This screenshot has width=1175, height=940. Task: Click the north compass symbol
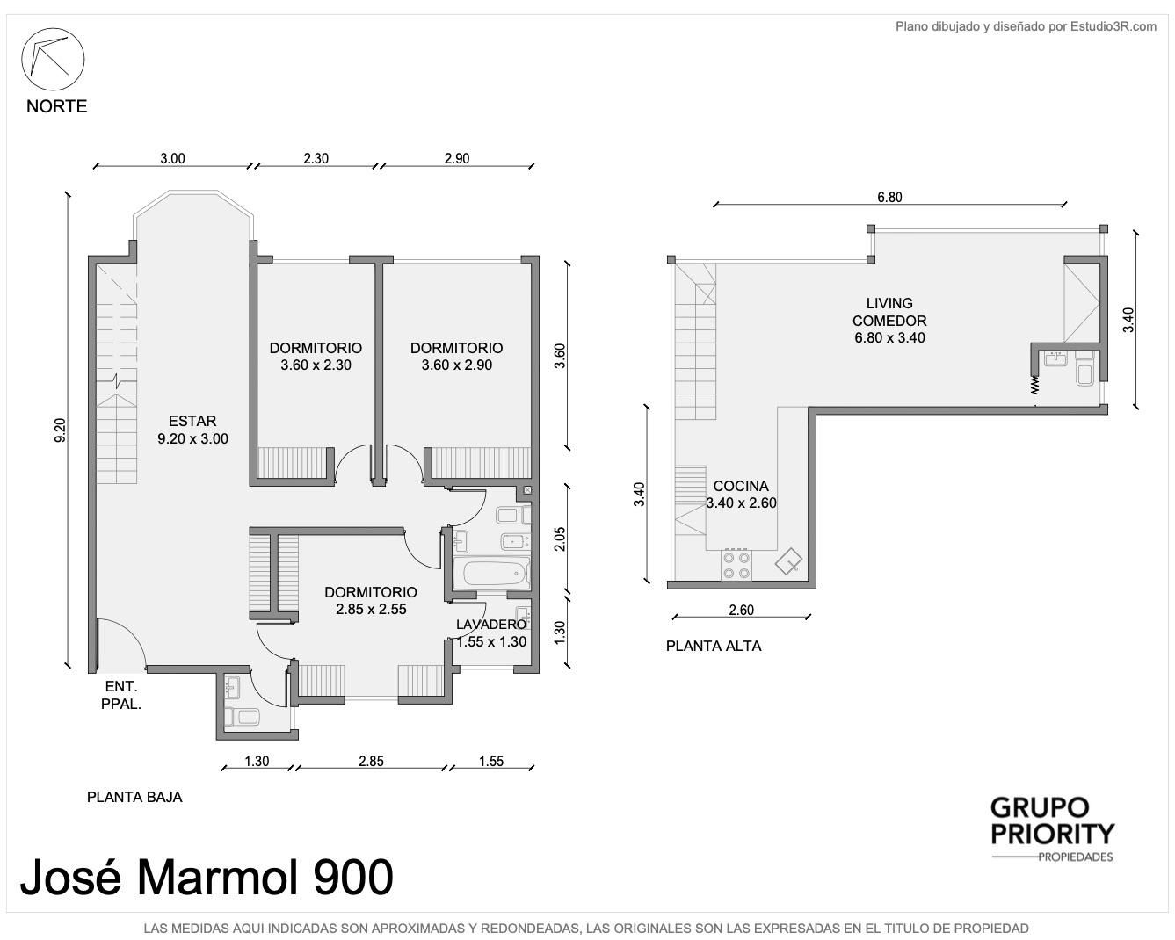click(x=53, y=59)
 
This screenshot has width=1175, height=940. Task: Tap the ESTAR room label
click(x=192, y=421)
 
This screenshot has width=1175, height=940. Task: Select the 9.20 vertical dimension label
click(x=60, y=430)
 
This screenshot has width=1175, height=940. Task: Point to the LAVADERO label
click(x=491, y=624)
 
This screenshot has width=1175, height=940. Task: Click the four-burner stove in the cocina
click(x=736, y=565)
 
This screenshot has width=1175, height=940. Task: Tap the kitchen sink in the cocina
click(x=788, y=561)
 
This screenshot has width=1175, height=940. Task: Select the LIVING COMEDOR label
click(x=889, y=312)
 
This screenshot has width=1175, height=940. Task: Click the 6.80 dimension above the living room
click(x=889, y=197)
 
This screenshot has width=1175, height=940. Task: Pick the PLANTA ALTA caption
click(x=713, y=647)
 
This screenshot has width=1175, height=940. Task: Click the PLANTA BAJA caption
click(x=134, y=798)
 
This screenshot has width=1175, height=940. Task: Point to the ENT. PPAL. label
click(x=121, y=695)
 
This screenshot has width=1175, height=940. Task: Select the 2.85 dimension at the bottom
click(x=371, y=761)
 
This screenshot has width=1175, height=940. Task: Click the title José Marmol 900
click(x=207, y=878)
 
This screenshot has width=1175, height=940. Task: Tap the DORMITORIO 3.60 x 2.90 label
click(x=456, y=357)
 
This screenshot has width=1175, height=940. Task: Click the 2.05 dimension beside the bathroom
click(x=560, y=539)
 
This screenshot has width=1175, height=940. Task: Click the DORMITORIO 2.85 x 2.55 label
click(x=371, y=601)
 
